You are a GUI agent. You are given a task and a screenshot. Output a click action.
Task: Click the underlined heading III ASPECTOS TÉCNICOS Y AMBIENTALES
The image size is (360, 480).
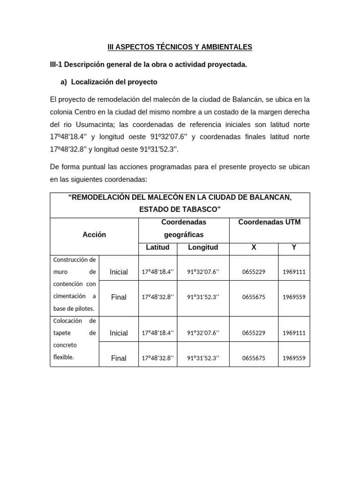[180, 47]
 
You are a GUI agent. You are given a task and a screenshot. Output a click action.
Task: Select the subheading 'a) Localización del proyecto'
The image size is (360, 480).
[109, 82]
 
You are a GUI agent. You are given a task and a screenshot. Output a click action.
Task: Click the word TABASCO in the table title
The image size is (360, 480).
[199, 209]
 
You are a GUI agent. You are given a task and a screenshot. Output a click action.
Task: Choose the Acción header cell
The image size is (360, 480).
[94, 234]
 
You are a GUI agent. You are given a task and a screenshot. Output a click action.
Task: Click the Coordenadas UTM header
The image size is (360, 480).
[269, 222]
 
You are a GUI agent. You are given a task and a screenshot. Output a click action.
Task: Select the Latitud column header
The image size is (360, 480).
[157, 247]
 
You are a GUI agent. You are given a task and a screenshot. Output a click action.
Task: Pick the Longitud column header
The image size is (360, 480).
[202, 247]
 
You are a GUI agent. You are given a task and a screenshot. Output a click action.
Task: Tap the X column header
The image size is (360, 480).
[254, 247]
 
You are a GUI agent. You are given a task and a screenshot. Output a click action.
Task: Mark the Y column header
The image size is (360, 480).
[294, 247]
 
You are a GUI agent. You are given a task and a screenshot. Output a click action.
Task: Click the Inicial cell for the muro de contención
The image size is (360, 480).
[119, 272]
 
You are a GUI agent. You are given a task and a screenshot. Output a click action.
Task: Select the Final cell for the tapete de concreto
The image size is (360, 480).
[119, 358]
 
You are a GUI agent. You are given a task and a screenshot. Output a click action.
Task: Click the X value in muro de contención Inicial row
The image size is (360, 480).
[254, 272]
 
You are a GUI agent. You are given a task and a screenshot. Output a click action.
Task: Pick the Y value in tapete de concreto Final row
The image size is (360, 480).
[294, 358]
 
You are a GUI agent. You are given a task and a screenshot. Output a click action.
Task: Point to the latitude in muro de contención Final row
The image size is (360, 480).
[157, 297]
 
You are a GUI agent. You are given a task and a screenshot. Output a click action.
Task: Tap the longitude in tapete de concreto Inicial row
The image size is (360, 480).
[202, 333]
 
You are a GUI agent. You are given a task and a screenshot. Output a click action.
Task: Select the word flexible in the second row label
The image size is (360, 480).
[64, 357]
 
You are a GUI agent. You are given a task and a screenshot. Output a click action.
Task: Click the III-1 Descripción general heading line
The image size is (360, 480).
[148, 64]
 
